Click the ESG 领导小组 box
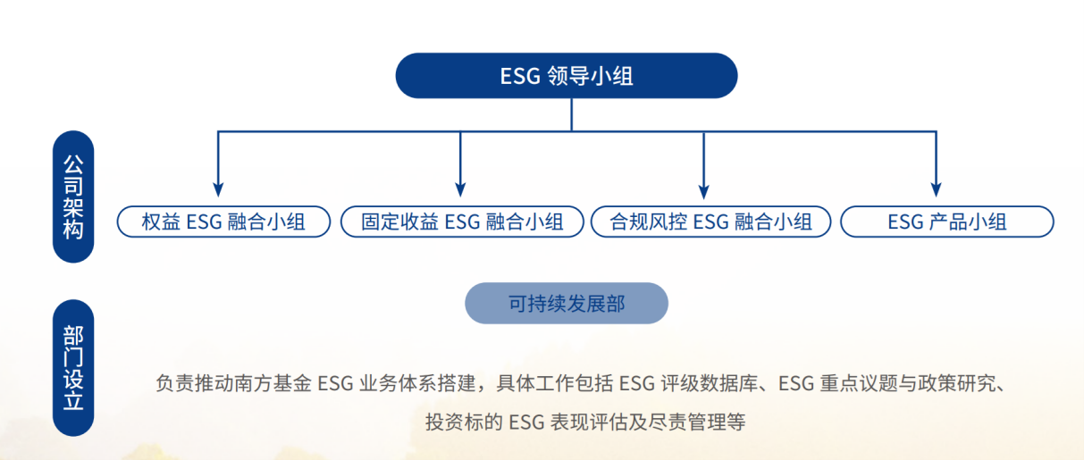[567, 76]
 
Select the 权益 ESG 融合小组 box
[223, 222]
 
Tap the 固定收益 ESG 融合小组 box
[462, 222]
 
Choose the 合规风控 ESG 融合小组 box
[710, 222]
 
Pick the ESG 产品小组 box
[947, 222]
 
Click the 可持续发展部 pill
[567, 304]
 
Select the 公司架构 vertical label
[73, 197]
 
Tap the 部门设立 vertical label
[73, 368]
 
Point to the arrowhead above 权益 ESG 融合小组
[218, 190]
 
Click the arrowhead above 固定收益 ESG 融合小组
[460, 190]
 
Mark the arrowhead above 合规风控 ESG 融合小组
[703, 191]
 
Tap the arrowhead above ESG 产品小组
[936, 190]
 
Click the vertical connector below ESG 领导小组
[572, 114]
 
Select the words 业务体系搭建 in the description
[417, 383]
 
